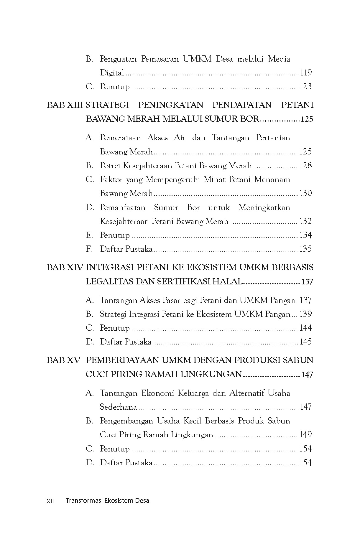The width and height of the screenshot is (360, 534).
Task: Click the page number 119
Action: pyautogui.click(x=306, y=73)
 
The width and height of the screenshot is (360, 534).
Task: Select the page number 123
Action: pyautogui.click(x=305, y=87)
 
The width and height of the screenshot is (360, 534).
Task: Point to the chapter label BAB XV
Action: pyautogui.click(x=64, y=360)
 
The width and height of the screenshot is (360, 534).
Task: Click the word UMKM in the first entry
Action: pyautogui.click(x=197, y=59)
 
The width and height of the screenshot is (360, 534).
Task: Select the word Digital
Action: pyautogui.click(x=112, y=73)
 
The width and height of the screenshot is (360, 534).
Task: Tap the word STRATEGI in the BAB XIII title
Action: pyautogui.click(x=108, y=105)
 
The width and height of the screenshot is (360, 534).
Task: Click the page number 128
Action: pyautogui.click(x=305, y=166)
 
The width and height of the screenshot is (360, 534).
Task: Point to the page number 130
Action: pyautogui.click(x=305, y=193)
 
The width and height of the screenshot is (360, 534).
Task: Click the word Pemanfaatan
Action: pyautogui.click(x=123, y=207)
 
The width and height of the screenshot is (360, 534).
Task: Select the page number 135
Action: pyautogui.click(x=305, y=249)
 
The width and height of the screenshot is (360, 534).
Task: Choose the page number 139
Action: pyautogui.click(x=305, y=314)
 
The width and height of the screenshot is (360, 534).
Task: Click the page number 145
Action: pyautogui.click(x=305, y=342)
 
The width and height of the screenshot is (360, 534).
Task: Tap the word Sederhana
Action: pyautogui.click(x=119, y=407)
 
